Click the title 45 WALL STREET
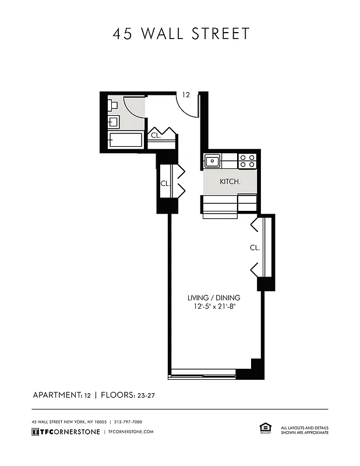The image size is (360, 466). [181, 34]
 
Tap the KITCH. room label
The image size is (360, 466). [230, 182]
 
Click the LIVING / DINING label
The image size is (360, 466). [213, 298]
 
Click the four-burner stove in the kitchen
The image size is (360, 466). [248, 160]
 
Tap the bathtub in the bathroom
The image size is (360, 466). [125, 140]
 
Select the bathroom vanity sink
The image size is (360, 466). [114, 122]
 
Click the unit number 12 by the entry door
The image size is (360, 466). [186, 94]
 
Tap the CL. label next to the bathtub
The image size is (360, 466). [156, 136]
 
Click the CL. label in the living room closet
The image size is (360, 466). [255, 248]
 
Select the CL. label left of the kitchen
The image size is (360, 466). [165, 183]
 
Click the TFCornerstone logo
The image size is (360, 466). [65, 432]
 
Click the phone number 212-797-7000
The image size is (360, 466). [128, 422]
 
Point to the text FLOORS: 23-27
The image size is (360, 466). [127, 395]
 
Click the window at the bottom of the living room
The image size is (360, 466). [202, 373]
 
